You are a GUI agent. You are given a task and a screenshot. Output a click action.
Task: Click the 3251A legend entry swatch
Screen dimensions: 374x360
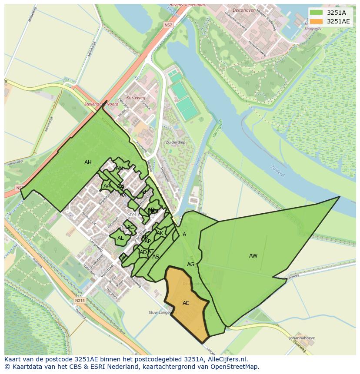(x=317, y=13)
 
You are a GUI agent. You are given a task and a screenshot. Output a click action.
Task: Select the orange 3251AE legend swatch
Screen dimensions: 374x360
(x=317, y=21)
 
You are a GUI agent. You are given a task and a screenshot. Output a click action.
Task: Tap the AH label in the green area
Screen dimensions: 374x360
(x=88, y=162)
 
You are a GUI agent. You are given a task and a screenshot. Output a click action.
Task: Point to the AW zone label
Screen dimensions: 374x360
(x=253, y=256)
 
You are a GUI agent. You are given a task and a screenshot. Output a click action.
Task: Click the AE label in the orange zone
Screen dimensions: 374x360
(x=186, y=303)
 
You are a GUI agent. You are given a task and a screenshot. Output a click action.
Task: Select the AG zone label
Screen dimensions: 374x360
(x=190, y=265)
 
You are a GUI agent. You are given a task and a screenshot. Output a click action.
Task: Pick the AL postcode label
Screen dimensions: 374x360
(x=120, y=238)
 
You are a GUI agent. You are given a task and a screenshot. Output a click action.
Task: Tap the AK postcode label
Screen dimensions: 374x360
(x=160, y=233)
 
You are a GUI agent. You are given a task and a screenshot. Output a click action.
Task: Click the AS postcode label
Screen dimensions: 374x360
(x=156, y=257)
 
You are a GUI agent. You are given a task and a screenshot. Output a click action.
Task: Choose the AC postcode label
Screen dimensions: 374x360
(x=130, y=227)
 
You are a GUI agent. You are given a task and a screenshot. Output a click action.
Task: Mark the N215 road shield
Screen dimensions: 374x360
(x=79, y=300)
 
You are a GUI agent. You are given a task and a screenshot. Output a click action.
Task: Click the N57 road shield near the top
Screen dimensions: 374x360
(x=168, y=26)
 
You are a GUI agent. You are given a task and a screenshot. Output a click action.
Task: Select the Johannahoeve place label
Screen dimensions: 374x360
(x=302, y=338)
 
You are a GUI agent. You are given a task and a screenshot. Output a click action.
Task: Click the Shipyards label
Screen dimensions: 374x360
(x=313, y=29)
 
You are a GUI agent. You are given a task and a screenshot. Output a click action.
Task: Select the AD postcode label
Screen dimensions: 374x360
(x=143, y=252)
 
